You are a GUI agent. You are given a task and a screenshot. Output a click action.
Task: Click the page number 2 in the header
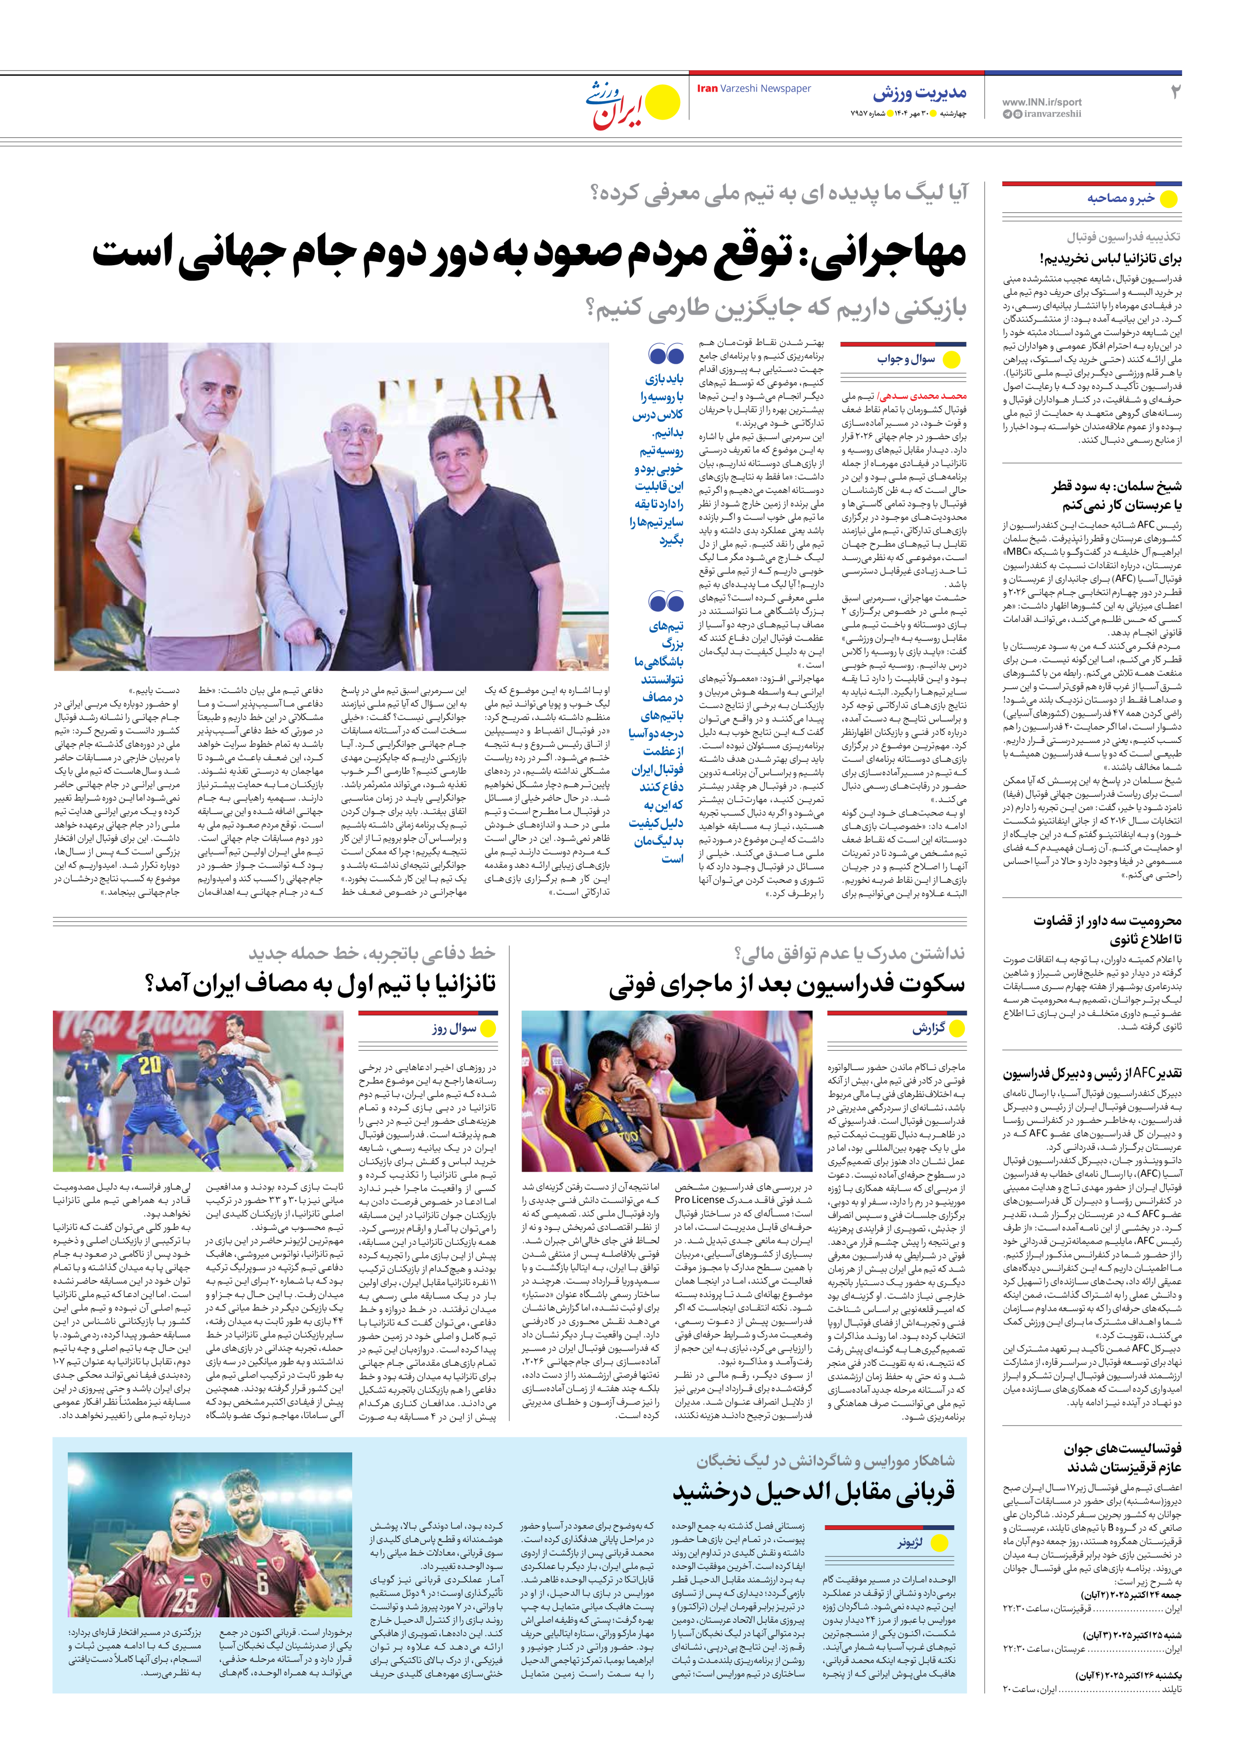pyautogui.click(x=1174, y=92)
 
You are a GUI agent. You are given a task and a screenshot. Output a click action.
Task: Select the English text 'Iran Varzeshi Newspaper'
pyautogui.click(x=753, y=88)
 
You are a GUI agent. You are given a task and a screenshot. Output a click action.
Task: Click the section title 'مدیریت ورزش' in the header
pyautogui.click(x=919, y=94)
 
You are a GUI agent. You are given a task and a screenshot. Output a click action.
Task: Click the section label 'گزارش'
pyautogui.click(x=928, y=1028)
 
